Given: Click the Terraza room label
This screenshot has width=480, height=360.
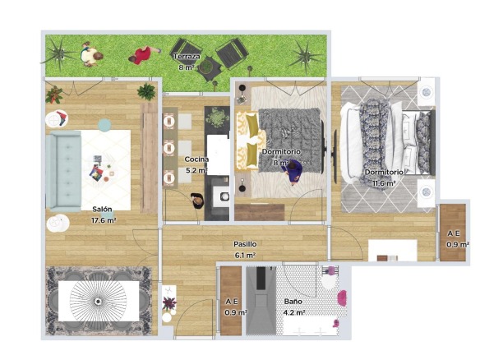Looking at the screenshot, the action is click(187, 57).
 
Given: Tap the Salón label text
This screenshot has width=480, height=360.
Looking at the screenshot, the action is click(102, 210).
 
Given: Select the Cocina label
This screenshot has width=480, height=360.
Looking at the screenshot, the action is click(196, 159).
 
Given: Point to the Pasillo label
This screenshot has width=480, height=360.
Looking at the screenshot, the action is click(245, 244).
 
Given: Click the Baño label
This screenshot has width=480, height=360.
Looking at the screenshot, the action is click(293, 302).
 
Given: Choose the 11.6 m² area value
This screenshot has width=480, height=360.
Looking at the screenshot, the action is click(384, 183).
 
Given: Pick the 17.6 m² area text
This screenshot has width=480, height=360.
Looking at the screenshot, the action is click(104, 220).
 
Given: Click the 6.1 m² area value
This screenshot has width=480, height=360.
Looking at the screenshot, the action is click(245, 256).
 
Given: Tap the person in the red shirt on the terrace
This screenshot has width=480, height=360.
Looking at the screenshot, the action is click(143, 55).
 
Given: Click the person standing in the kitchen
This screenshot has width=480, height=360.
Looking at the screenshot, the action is click(197, 201).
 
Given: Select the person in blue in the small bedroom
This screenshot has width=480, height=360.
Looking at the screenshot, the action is click(294, 172).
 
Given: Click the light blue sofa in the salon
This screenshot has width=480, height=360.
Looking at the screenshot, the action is click(63, 172).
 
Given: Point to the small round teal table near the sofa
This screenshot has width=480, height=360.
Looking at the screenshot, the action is click(104, 125).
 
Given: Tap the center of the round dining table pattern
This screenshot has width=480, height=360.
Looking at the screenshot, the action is click(98, 302).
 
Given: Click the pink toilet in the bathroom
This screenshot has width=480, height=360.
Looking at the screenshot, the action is click(342, 298).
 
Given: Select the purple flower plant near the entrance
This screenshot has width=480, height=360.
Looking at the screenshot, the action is click(169, 303).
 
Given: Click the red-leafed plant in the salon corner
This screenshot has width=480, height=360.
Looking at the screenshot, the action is click(54, 95).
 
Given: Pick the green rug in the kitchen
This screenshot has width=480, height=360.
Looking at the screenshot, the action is click(217, 118).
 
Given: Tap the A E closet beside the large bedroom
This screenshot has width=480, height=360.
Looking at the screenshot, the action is click(453, 233).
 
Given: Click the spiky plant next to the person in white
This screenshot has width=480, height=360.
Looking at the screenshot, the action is click(59, 53).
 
